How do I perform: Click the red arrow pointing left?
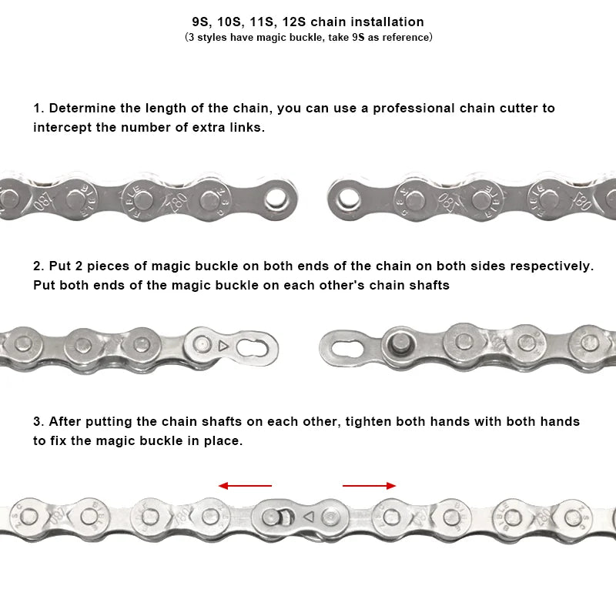click(245, 486)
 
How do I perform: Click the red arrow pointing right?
click(370, 486)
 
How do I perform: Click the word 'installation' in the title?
click(387, 22)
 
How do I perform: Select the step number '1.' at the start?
click(38, 108)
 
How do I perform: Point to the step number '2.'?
click(38, 266)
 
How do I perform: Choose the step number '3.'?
click(38, 421)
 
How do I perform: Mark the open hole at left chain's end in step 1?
click(275, 199)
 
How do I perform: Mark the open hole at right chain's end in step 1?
click(344, 199)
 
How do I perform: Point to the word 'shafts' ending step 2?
click(428, 285)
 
